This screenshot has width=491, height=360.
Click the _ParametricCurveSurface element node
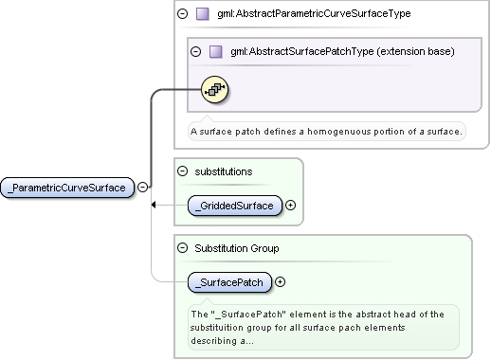click(x=67, y=188)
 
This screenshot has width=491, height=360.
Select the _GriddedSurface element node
click(x=235, y=206)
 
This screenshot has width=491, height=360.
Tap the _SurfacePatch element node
click(x=229, y=282)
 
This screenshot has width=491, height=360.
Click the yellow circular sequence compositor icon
click(x=215, y=90)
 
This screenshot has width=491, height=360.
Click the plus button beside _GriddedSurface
click(x=290, y=206)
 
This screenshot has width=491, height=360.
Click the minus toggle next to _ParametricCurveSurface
click(x=143, y=188)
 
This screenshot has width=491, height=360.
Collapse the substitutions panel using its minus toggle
click(x=182, y=171)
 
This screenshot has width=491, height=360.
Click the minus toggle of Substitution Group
click(x=182, y=248)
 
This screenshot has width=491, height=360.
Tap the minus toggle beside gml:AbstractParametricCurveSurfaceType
click(x=182, y=13)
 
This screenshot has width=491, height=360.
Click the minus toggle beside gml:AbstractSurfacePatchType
click(x=195, y=51)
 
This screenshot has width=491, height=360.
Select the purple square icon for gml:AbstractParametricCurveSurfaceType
click(x=203, y=14)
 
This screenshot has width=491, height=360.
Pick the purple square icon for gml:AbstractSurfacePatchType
click(x=216, y=51)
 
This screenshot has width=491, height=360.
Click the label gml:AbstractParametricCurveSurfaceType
click(x=314, y=13)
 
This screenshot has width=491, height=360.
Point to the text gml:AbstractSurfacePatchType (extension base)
click(x=342, y=51)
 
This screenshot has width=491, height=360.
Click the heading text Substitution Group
click(x=237, y=248)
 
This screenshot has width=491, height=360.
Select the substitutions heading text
click(x=224, y=171)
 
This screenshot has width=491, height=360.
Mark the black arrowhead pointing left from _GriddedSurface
click(x=154, y=205)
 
